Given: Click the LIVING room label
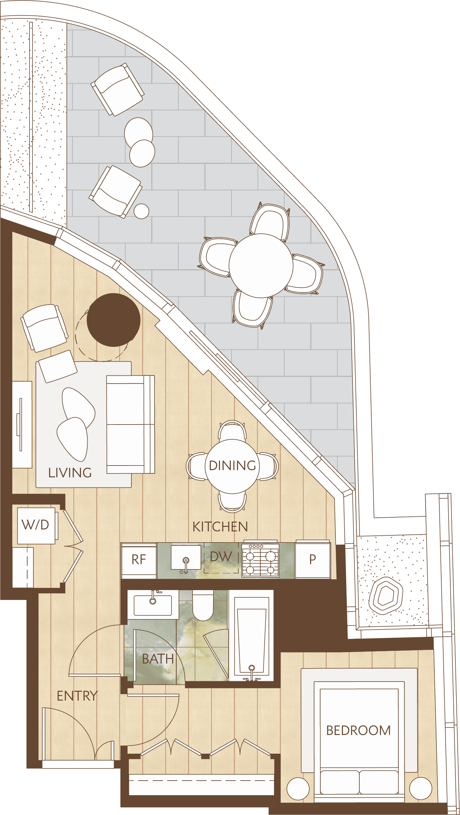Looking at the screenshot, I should [70, 472].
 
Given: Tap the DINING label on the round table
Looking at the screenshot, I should [232, 466].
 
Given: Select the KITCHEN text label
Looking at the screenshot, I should [220, 527].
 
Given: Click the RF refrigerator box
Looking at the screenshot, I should [139, 560].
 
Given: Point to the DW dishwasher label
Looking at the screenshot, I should [221, 557].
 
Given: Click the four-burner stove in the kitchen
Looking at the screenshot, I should [260, 560].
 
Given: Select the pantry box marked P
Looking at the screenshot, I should [312, 559].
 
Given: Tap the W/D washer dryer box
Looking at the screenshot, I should [36, 525].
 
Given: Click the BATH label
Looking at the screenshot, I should [158, 659].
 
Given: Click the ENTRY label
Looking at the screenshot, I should [77, 696].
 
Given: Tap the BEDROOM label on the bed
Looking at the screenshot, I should [358, 730].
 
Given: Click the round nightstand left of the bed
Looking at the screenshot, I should [298, 788].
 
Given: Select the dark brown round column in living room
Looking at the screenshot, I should [113, 320].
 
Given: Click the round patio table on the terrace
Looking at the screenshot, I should [261, 266].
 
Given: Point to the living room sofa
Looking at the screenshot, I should [130, 424].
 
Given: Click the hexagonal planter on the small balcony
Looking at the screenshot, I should [386, 595].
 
